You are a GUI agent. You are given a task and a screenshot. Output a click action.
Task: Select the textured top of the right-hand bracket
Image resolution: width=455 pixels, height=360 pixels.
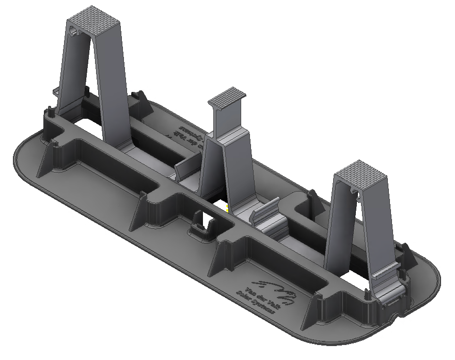[x=362, y=173]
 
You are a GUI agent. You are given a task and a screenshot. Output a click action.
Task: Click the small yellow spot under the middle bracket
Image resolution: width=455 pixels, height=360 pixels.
[x=226, y=207]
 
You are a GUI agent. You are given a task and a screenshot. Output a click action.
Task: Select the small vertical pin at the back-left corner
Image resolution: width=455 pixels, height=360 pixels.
[x=49, y=110]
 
